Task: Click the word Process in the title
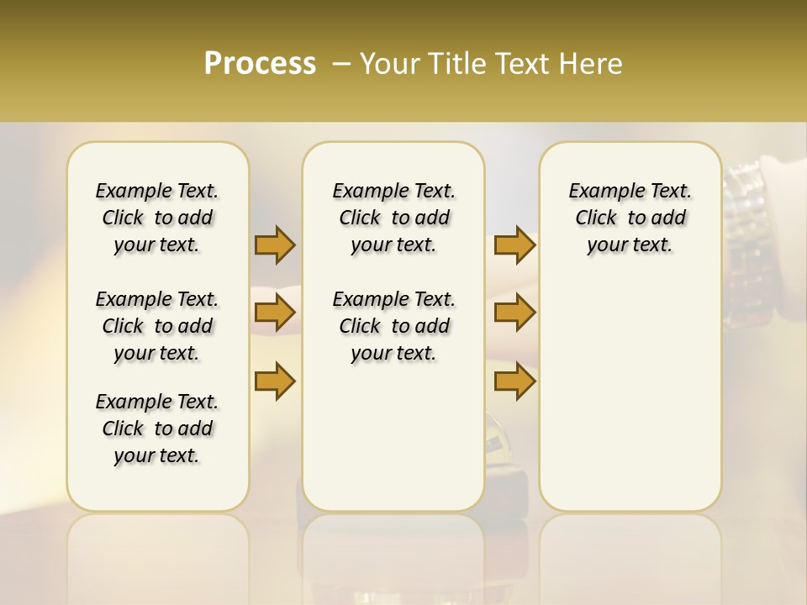(260, 64)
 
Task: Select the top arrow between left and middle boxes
(275, 245)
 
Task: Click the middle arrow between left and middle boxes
(275, 313)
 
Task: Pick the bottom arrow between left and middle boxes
(275, 381)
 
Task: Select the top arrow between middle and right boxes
(514, 245)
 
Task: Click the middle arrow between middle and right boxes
(514, 313)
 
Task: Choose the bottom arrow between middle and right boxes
(514, 381)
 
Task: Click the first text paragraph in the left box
(157, 218)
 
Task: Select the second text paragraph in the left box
(157, 326)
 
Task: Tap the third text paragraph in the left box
(157, 429)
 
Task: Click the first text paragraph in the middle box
(393, 218)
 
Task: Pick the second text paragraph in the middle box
(393, 326)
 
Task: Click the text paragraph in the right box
(630, 218)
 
